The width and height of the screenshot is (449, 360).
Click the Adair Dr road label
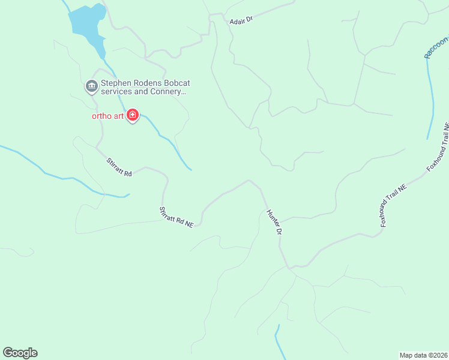pos(241,20)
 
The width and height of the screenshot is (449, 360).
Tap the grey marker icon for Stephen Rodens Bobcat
pos(91,86)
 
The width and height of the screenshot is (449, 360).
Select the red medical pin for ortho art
pos(133,115)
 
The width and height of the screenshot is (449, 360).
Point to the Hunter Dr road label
pos(274,222)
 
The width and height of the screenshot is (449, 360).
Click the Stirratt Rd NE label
pos(176,217)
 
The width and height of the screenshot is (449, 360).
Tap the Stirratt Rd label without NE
pos(119,167)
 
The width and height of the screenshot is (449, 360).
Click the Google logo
pos(20,353)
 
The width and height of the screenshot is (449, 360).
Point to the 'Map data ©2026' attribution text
pos(423,355)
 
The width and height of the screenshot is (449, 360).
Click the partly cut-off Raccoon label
pos(436,48)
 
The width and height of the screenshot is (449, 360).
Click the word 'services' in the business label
pos(116,92)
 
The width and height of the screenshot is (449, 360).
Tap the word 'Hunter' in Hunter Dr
pos(272,218)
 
